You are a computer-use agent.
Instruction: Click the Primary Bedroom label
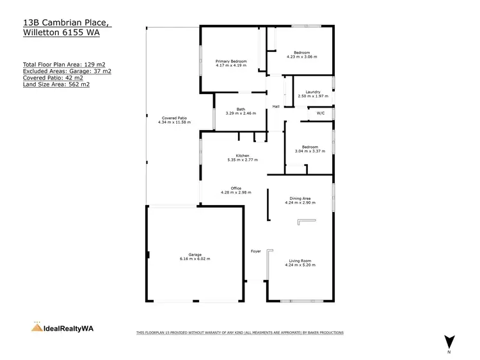point(230,61)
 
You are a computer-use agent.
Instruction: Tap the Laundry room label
point(312,92)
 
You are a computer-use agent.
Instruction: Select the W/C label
point(321,113)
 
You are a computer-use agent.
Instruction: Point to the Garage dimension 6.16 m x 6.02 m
point(195,259)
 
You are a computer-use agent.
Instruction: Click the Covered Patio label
point(173,118)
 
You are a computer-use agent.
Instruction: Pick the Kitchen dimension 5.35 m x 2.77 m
point(242,160)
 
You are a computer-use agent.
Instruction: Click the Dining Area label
point(300,199)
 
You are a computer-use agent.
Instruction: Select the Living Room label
point(300,260)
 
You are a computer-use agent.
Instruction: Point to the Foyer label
point(255,250)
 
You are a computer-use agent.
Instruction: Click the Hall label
point(276,106)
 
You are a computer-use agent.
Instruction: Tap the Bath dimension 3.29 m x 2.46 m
point(241,113)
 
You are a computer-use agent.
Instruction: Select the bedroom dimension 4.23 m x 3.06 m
point(301,56)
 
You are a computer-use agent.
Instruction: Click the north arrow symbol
point(449,342)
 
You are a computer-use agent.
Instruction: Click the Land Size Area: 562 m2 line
point(56,84)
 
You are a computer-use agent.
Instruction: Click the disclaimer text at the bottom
point(240,332)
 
